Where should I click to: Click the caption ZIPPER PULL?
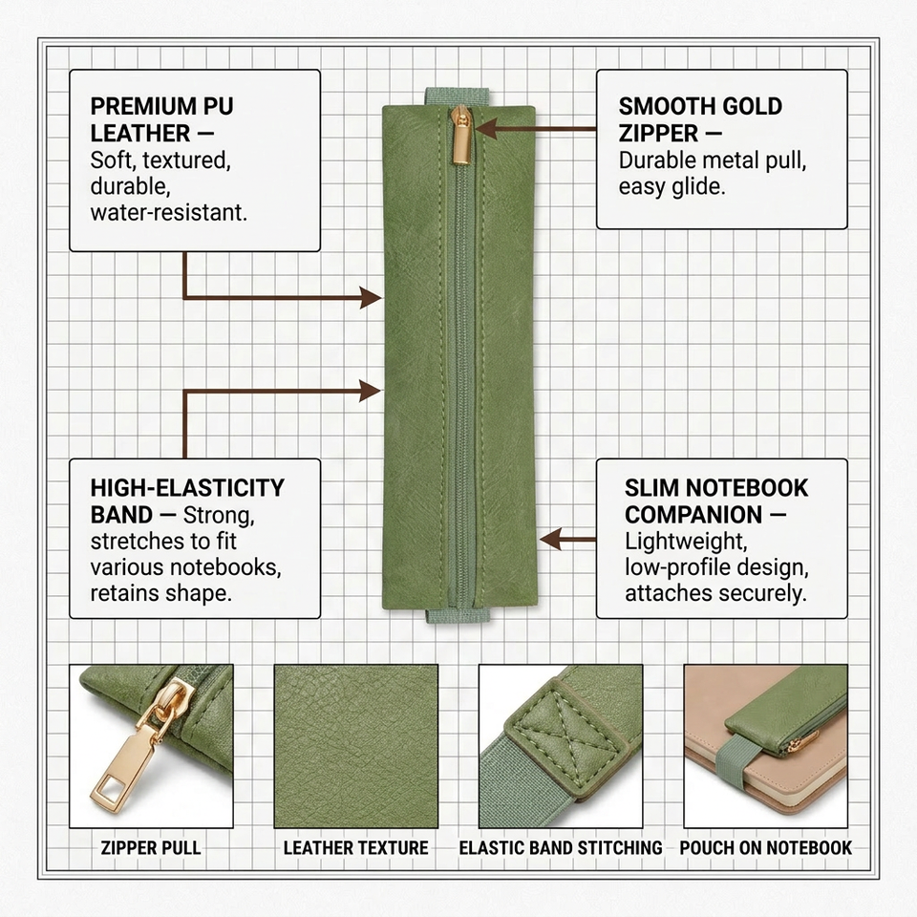(151, 847)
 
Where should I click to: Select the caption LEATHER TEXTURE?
(355, 847)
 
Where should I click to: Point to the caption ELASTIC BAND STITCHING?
(561, 847)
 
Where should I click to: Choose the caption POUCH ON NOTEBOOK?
(765, 847)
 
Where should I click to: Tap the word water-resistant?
(168, 212)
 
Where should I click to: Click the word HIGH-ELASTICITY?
(187, 488)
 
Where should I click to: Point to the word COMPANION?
(693, 515)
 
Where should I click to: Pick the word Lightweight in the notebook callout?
(686, 542)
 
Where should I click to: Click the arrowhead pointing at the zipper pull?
(486, 128)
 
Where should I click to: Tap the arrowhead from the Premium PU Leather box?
(371, 298)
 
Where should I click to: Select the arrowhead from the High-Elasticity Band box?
(371, 391)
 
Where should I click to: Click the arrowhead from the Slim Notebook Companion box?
(550, 539)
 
